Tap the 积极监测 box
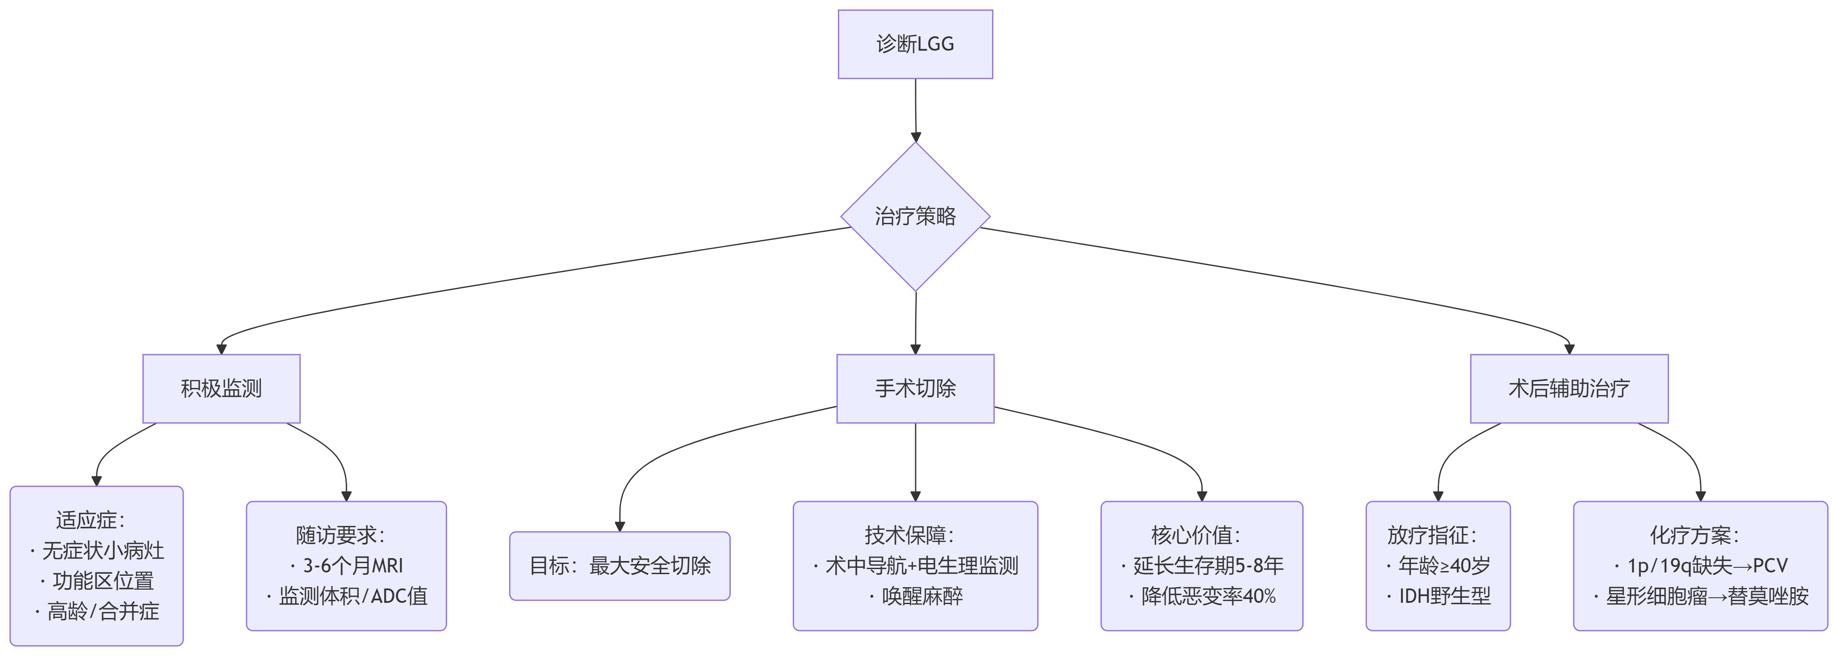[x=221, y=388]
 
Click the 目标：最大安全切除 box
[x=619, y=566]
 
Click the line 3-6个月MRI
[x=352, y=566]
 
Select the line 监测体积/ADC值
[x=352, y=596]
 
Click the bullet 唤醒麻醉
[x=922, y=596]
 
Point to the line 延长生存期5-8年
[x=1208, y=566]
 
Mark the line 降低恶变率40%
[x=1208, y=596]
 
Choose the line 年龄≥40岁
[x=1444, y=566]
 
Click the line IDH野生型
[x=1444, y=596]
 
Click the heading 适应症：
[x=91, y=520]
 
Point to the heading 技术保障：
[x=910, y=535]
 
